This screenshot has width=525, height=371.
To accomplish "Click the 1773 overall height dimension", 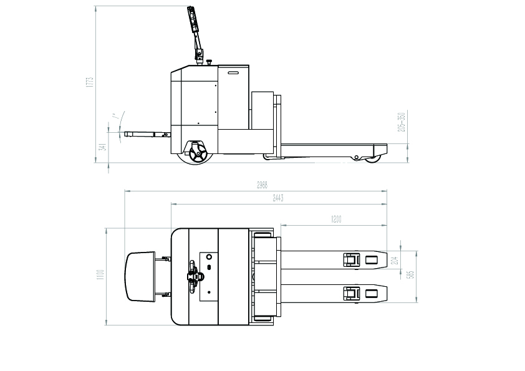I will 90,82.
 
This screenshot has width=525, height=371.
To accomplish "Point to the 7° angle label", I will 115,117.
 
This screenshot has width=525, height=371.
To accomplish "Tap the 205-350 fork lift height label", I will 402,122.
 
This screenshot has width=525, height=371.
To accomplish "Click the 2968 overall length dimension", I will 262,185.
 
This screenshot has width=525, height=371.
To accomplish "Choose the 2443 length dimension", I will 278,198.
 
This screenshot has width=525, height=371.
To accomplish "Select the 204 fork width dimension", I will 393,260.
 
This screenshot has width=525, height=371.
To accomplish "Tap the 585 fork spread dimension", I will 412,275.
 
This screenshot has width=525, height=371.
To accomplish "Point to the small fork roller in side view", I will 373,159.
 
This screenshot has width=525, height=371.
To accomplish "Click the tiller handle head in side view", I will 193,21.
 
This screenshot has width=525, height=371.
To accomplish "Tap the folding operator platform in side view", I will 147,134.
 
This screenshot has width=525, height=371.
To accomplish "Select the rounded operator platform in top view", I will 140,276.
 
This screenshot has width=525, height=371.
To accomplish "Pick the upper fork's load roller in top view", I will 352,259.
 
